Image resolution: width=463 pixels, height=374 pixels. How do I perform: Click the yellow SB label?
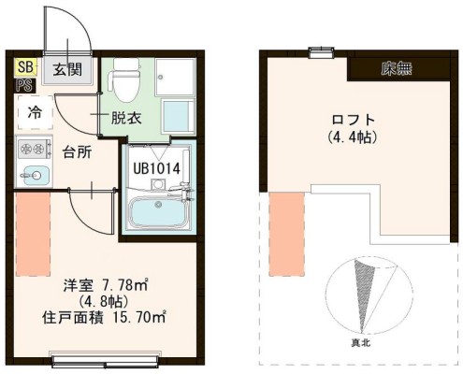(x=22, y=68)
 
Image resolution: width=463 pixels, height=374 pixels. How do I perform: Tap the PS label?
(x=22, y=85)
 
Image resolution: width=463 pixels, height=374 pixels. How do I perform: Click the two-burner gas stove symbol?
(x=32, y=148)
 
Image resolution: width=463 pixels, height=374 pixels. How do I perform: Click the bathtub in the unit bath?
(x=156, y=211)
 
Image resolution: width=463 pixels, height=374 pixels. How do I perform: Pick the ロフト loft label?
(x=354, y=119)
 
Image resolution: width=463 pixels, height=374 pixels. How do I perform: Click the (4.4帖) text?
(x=354, y=137)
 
